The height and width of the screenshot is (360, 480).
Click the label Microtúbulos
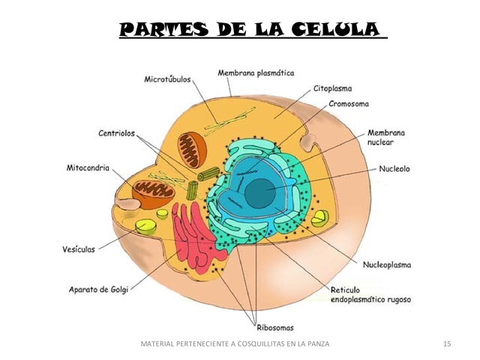168,79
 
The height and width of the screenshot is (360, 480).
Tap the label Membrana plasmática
256,73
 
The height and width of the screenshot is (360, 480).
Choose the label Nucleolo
394,169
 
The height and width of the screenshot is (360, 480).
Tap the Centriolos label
116,133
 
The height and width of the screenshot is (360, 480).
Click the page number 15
448,343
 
